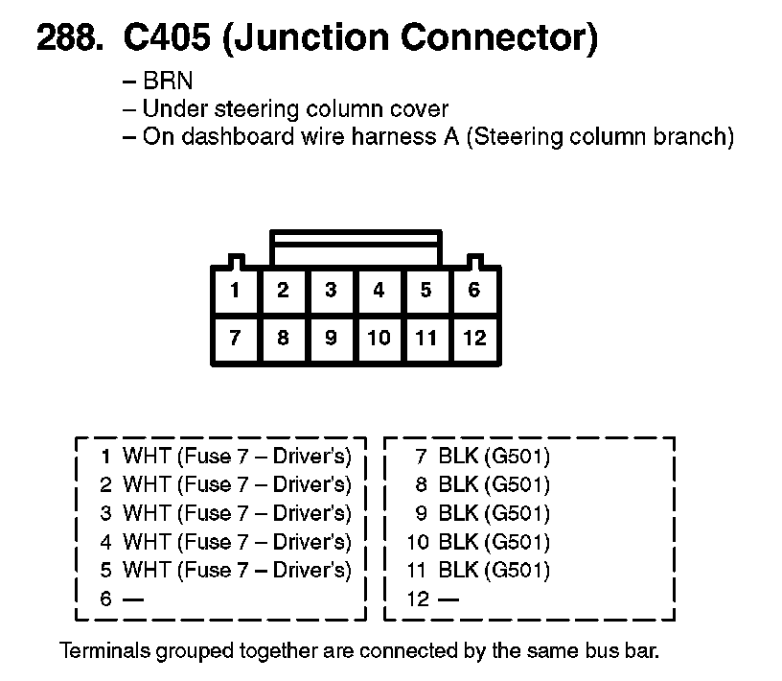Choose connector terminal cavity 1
[235, 290]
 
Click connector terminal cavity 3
[331, 290]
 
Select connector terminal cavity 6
[474, 290]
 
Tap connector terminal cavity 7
[235, 338]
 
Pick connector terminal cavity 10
[379, 338]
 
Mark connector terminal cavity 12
[474, 338]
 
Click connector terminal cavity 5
[426, 290]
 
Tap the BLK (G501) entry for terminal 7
[494, 456]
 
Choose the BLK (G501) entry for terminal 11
[494, 571]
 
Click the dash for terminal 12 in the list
[448, 599]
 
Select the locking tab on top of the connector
[356, 248]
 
